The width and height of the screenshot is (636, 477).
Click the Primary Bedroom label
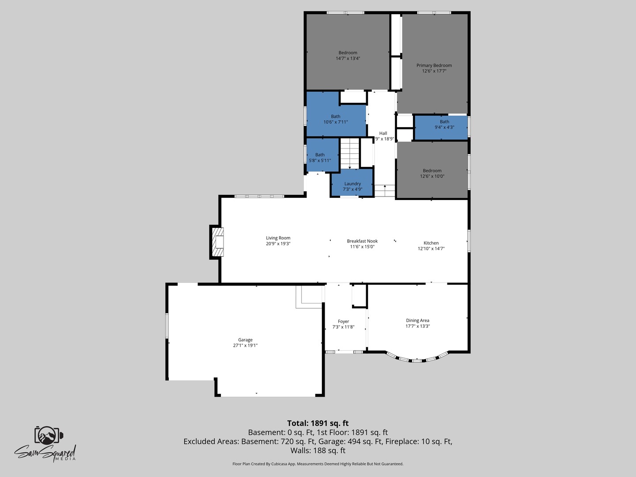click(434, 65)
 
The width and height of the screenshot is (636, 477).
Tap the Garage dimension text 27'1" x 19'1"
click(245, 345)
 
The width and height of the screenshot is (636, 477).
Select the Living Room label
click(278, 238)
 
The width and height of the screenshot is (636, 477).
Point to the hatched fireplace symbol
click(218, 242)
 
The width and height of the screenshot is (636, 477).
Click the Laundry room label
click(352, 184)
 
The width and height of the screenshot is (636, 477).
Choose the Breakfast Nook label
click(362, 241)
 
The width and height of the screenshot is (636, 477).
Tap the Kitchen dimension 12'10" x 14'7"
click(431, 249)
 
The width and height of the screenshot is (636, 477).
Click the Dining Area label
click(417, 320)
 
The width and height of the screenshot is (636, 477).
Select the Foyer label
click(343, 322)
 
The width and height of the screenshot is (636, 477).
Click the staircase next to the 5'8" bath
click(350, 153)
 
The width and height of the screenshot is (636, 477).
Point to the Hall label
click(383, 133)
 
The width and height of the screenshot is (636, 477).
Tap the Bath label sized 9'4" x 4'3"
click(444, 121)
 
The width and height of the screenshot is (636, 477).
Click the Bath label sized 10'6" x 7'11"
click(336, 117)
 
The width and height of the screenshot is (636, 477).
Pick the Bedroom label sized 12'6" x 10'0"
click(432, 170)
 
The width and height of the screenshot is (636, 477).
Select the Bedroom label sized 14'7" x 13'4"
click(348, 53)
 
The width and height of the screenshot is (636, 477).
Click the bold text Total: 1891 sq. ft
click(318, 424)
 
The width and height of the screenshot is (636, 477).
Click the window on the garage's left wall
click(167, 325)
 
